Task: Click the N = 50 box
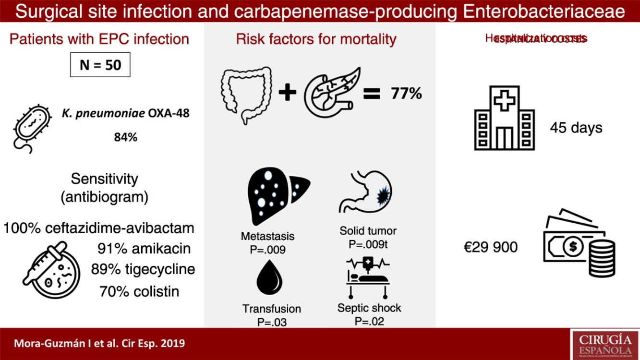point(100,65)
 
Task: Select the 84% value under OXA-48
point(125,137)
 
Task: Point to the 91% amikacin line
point(144,248)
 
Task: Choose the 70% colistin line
point(139,291)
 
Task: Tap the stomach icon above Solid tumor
point(367,192)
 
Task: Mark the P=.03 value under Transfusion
point(271,322)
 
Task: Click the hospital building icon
point(504,118)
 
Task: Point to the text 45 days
point(576,128)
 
